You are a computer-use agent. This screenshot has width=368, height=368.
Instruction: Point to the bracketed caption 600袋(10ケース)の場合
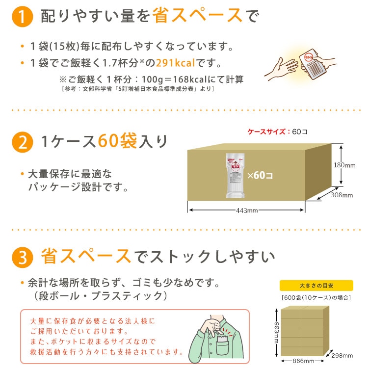316,297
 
